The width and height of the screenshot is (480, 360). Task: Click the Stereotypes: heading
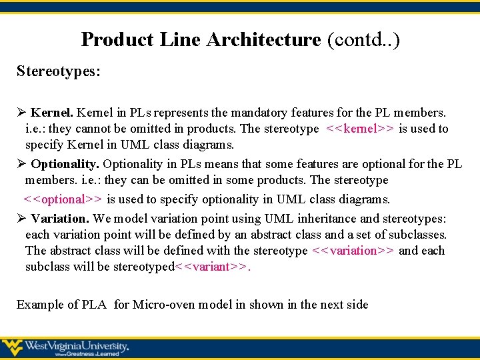[x=59, y=71]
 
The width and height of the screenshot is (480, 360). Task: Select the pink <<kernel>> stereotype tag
[x=360, y=129]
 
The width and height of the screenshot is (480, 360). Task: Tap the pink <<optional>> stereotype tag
[x=63, y=199]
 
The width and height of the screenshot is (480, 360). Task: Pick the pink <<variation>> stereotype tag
[x=353, y=251]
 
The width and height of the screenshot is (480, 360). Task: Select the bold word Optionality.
[x=65, y=164]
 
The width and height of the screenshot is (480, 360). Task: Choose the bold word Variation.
[x=60, y=219]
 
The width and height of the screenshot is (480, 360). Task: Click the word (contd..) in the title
[x=363, y=40]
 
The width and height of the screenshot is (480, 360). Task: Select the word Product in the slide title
[x=117, y=40]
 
